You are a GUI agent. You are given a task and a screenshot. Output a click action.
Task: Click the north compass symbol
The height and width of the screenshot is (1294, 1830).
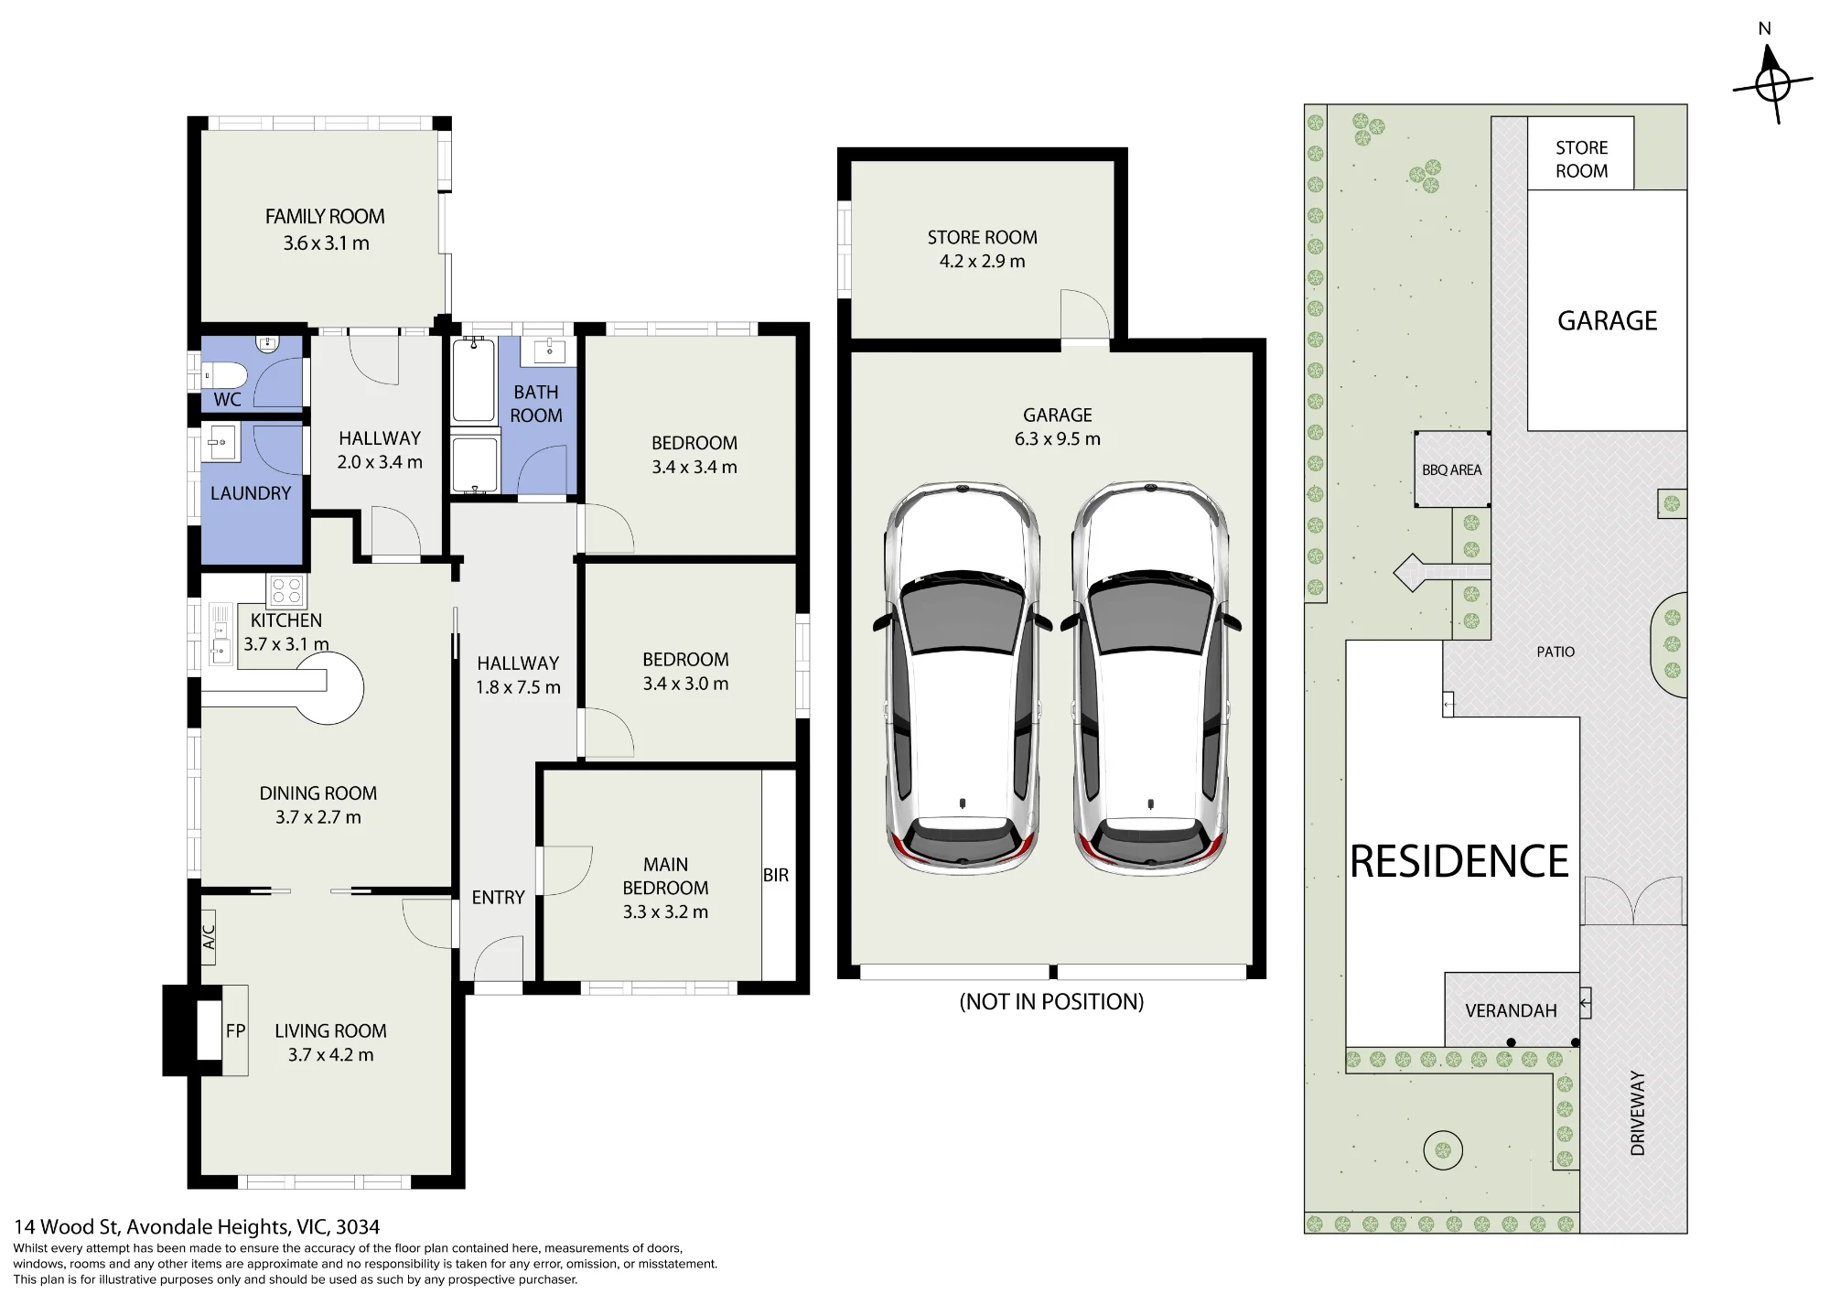[1773, 84]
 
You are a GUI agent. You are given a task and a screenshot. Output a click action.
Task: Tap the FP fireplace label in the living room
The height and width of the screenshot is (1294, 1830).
[235, 1030]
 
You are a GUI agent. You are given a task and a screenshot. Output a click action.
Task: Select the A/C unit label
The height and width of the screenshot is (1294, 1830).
[209, 936]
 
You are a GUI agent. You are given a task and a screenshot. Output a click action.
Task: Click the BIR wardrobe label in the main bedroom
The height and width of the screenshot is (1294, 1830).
[776, 875]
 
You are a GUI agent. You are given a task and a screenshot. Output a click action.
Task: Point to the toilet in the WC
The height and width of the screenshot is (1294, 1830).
[224, 375]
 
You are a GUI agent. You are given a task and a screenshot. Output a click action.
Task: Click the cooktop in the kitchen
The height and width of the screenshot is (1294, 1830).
[286, 590]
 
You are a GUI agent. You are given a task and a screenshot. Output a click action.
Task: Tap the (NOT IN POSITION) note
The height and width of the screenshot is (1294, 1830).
[1051, 1001]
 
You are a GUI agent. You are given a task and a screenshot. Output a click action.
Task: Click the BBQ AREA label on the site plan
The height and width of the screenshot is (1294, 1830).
[1452, 469]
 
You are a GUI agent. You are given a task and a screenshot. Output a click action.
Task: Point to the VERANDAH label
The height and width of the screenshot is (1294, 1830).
[1511, 1010]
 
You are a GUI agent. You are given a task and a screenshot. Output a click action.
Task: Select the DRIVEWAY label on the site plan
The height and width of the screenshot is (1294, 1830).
[1638, 1113]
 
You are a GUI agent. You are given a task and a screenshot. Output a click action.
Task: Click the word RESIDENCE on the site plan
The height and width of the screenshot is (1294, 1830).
[1459, 861]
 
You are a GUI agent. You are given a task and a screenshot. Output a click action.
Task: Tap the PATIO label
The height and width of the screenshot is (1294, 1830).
[1555, 652]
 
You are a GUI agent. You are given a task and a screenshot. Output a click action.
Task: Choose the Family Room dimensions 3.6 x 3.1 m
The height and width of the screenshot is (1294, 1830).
[326, 243]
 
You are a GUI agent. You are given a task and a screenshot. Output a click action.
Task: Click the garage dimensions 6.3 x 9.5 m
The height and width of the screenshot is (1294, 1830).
[1057, 438]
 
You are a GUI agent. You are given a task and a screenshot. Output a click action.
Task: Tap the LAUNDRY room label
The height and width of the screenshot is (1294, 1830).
[251, 493]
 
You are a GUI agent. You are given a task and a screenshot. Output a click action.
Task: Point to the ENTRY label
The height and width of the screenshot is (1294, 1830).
[498, 898]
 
